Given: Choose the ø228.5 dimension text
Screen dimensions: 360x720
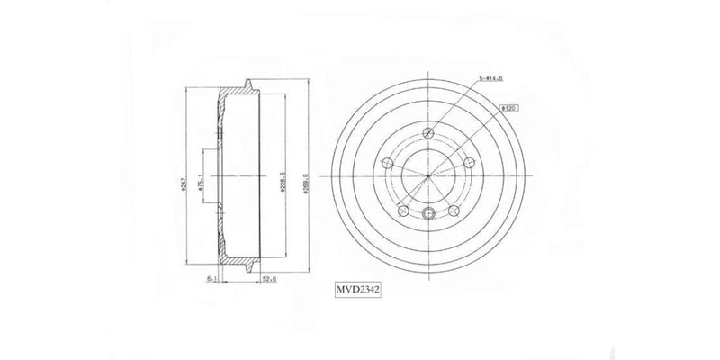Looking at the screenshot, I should point(283,178).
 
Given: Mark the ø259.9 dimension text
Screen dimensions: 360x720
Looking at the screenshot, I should point(308,176).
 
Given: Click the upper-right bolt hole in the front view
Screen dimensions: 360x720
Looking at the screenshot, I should point(470,163).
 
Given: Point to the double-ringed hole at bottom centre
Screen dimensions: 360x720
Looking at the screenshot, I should point(429,212).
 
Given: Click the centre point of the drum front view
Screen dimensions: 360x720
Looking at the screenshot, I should point(429,175).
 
